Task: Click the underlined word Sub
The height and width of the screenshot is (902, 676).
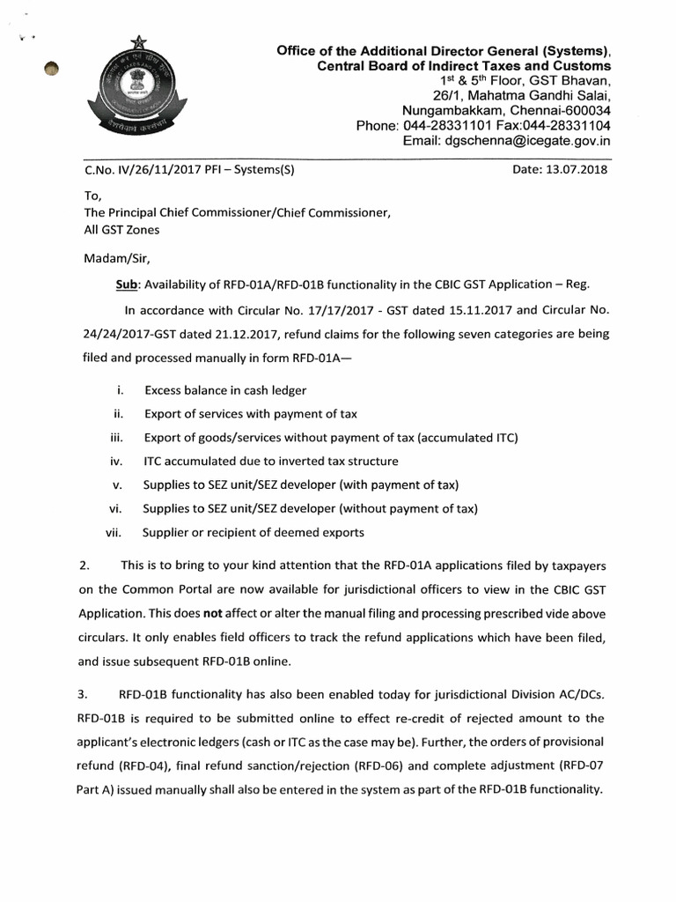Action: [x=127, y=285]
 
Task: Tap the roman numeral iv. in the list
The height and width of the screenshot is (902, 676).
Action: [x=116, y=461]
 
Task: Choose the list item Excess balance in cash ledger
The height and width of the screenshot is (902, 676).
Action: [x=225, y=389]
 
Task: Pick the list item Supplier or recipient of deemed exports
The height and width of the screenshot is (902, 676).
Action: [x=253, y=532]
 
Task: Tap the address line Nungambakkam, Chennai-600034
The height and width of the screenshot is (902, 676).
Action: [x=506, y=110]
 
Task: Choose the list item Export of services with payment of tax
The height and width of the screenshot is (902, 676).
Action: [x=251, y=413]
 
